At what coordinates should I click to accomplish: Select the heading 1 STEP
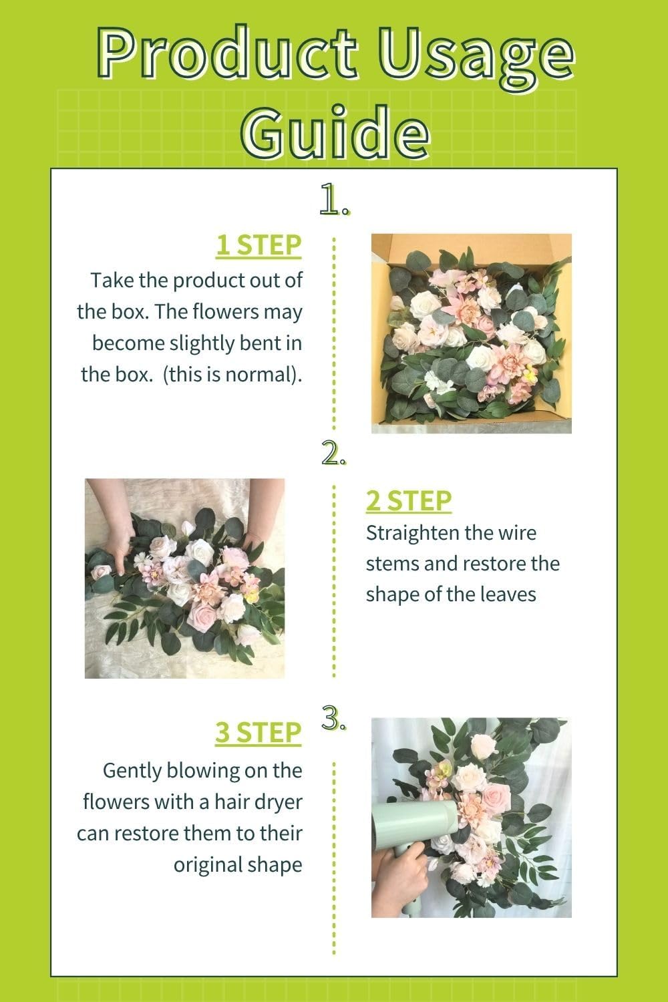pos(258,246)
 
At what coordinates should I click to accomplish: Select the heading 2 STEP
pos(408,500)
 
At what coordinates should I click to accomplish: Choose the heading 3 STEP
pos(258,733)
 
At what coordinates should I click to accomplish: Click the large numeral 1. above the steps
pos(333,199)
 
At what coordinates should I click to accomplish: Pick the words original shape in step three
pos(238,865)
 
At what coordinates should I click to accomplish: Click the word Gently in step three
pos(132,770)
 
